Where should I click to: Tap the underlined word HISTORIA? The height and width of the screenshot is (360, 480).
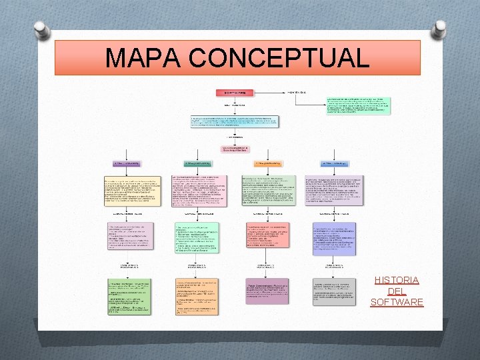coord(397,280)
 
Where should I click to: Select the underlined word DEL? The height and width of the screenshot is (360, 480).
coord(397,291)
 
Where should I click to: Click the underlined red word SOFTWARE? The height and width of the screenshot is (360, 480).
coord(397,303)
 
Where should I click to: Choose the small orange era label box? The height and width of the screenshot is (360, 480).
coord(267,163)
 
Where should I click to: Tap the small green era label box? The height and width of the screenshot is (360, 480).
coord(198,163)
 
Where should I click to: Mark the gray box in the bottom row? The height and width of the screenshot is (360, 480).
coord(334,291)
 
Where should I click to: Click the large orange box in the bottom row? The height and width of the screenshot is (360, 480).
coord(197,296)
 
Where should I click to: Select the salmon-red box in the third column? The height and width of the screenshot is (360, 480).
coord(267,235)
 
